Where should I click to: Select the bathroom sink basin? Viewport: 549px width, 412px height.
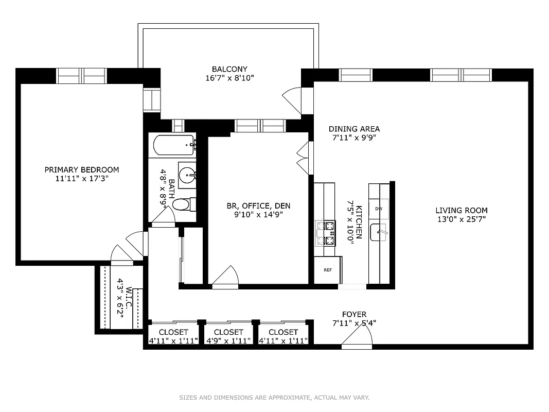point(188,171)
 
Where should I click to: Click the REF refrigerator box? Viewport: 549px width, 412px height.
point(327,270)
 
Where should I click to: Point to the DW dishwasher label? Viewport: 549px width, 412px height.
point(379,209)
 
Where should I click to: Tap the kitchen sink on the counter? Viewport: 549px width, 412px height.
point(381,233)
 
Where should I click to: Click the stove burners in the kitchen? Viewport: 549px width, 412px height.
point(325,233)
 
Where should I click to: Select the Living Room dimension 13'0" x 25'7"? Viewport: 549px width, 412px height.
point(461,219)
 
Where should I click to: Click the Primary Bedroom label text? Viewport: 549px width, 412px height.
point(81,170)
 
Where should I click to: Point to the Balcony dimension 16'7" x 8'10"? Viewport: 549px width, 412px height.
point(229,78)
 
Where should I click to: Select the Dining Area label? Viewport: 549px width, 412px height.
point(354,129)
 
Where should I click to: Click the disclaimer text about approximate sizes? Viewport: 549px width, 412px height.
point(274,398)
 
